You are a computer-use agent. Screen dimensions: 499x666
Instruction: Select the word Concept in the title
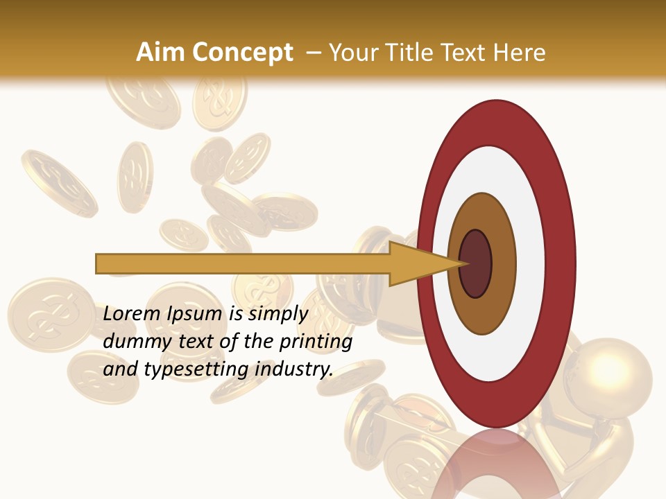click(243, 53)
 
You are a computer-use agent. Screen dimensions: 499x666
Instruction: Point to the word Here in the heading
click(519, 53)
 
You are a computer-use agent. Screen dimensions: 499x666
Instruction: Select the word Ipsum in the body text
click(196, 314)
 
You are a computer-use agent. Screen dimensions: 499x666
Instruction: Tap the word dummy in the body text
click(131, 342)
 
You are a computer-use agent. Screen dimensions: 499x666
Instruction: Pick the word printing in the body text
click(316, 342)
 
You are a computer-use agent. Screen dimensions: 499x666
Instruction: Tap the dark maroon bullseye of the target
click(476, 263)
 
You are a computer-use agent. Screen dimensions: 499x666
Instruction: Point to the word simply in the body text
click(277, 314)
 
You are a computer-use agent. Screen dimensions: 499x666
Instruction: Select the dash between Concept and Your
click(313, 53)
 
